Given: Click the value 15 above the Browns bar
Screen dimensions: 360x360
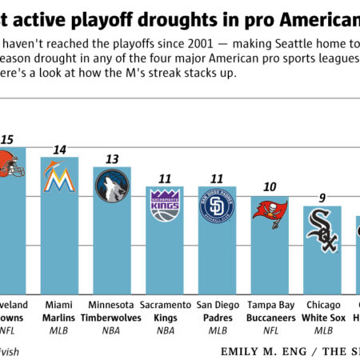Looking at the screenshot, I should [x=6, y=139].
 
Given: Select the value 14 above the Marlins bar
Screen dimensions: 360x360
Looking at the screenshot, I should [x=59, y=150].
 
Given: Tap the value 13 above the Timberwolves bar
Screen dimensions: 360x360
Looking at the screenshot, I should [x=112, y=158].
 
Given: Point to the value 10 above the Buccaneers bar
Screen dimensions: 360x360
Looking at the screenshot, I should [x=270, y=187].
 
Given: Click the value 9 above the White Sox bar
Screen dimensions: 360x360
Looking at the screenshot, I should [x=322, y=198].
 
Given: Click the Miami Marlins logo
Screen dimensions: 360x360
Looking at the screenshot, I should [x=59, y=179].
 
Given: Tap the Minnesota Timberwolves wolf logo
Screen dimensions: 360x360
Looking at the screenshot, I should [x=112, y=186].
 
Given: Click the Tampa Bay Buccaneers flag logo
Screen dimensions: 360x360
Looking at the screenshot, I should [x=270, y=211].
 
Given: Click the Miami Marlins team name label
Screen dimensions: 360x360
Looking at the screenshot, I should [x=59, y=311].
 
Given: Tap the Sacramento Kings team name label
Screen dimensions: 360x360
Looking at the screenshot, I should [x=165, y=311].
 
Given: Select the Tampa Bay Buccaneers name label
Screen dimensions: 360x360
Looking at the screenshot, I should [x=270, y=311].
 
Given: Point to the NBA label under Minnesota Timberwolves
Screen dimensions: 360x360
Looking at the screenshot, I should [x=112, y=329].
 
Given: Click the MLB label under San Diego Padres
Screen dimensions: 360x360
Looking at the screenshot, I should [x=217, y=329].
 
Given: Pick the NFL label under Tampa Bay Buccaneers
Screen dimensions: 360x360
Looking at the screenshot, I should [x=270, y=329].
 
